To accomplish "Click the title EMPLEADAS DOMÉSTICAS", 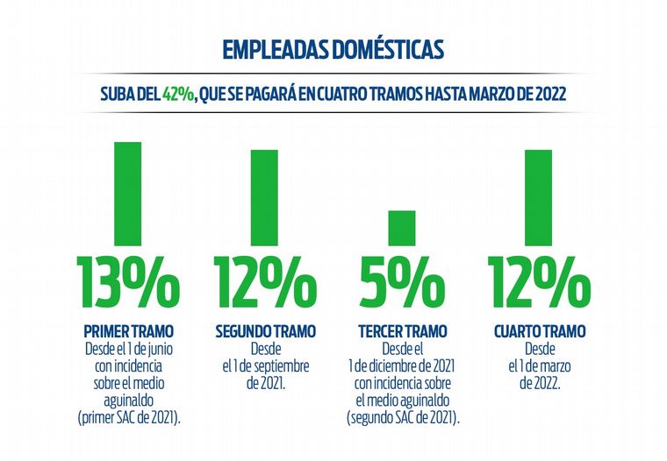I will coord(333,49).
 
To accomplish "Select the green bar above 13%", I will coord(128,192).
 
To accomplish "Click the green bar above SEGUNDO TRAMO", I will coord(265,196).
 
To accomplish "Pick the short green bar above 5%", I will coord(402,227).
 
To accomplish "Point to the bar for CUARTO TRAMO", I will coord(538,196).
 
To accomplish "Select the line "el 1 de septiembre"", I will coord(265,365).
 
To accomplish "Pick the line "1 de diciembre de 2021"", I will coord(402,365).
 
